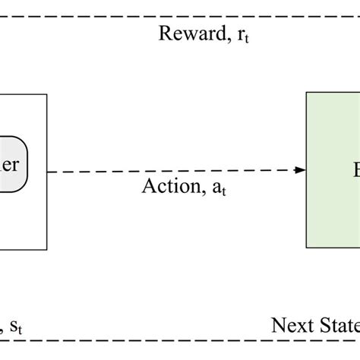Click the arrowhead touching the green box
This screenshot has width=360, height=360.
[x=300, y=170]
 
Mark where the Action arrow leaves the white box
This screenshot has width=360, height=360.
[x=48, y=170]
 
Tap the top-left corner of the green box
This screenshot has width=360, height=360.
[x=307, y=93]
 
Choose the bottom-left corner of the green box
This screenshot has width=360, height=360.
[x=307, y=247]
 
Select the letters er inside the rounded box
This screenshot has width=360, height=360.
[x=11, y=165]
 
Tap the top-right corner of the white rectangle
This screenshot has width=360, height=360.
[x=47, y=94]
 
